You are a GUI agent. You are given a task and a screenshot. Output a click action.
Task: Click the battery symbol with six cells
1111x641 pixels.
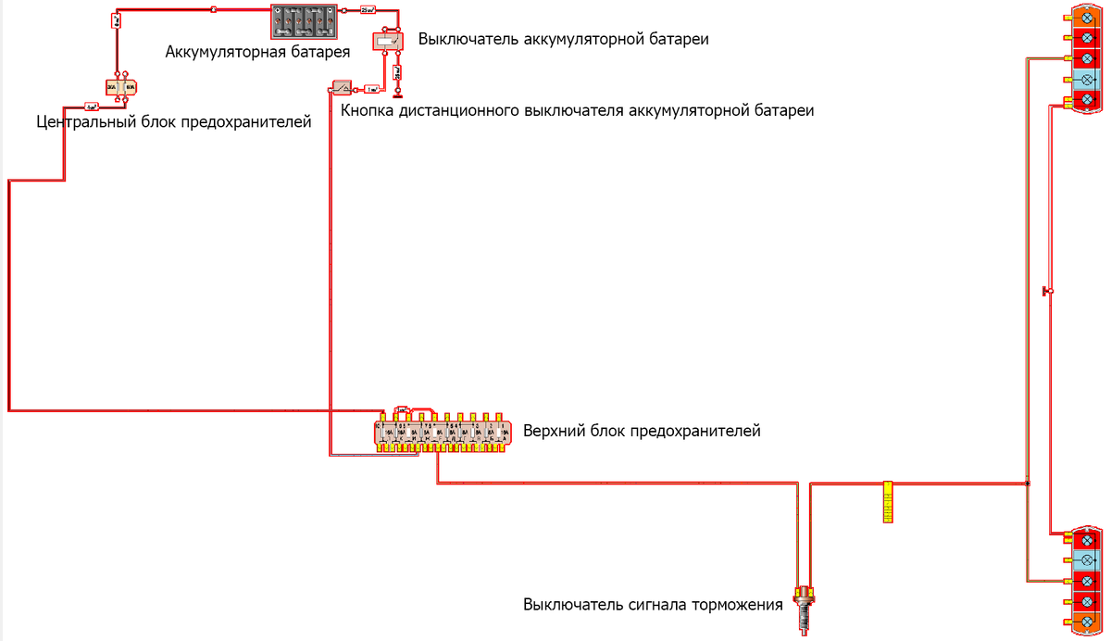pyautogui.click(x=303, y=20)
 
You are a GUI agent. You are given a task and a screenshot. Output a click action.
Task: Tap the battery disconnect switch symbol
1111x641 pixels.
pyautogui.click(x=386, y=41)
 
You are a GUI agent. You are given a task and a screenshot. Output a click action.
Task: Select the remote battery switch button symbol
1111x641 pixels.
pyautogui.click(x=342, y=88)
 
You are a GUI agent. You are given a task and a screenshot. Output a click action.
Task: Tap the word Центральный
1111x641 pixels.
pyautogui.click(x=84, y=121)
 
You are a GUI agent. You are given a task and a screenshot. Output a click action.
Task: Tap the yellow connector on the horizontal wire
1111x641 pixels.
pyautogui.click(x=887, y=502)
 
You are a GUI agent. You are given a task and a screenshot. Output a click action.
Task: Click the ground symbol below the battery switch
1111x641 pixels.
pyautogui.click(x=396, y=94)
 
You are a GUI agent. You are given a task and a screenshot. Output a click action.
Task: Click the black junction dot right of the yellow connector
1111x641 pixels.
pyautogui.click(x=1027, y=484)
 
